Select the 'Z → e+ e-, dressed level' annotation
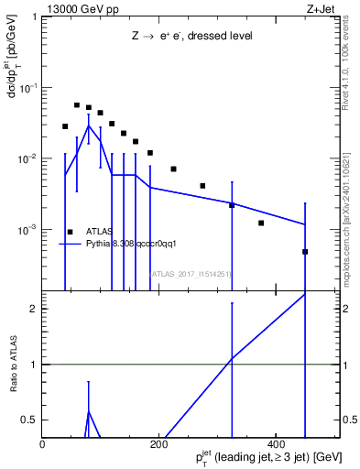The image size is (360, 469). click(x=191, y=37)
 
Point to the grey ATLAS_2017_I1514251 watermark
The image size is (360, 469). click(x=190, y=273)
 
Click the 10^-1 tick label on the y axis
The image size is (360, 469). click(x=29, y=88)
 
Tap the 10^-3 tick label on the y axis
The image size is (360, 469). click(x=29, y=230)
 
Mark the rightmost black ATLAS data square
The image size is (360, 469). click(x=305, y=252)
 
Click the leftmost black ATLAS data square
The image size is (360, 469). click(x=65, y=126)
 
